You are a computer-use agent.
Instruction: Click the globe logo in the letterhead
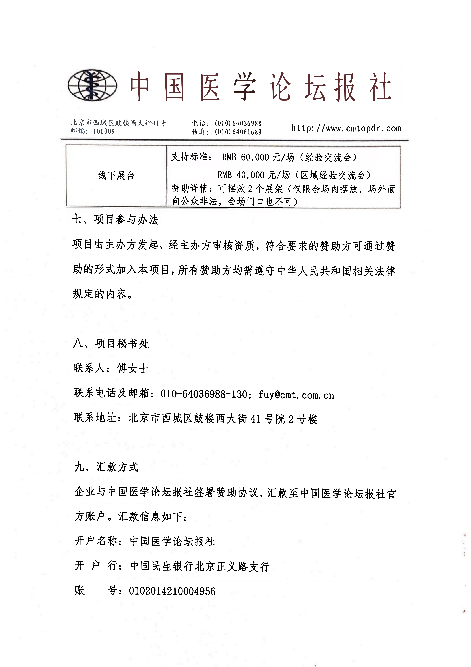point(92,85)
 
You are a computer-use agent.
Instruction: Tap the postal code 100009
point(104,131)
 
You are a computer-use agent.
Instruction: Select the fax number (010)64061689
point(238,132)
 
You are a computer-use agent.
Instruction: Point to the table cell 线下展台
point(116,175)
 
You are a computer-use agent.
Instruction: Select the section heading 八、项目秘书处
point(111,344)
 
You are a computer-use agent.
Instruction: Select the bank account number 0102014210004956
point(172,591)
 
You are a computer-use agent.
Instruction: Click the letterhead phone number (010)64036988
point(238,123)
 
